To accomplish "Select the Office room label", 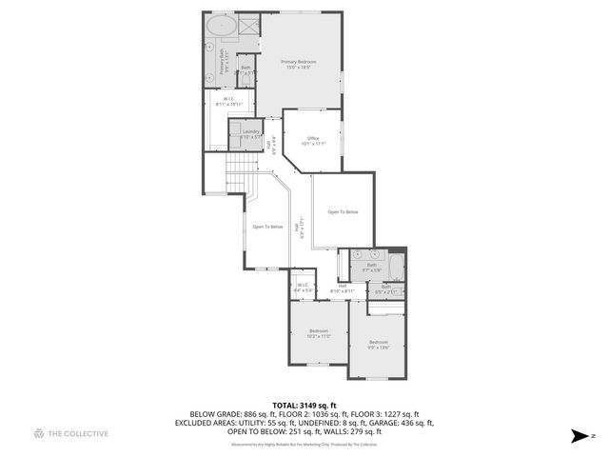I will point(313,141).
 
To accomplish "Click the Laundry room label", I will point(250,134).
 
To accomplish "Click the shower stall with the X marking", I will point(249,24).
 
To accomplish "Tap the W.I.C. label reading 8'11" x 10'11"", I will point(229,101).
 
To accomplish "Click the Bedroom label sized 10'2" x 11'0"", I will point(318,333).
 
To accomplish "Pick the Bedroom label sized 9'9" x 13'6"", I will point(379,344).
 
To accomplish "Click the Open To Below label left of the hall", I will point(267,227).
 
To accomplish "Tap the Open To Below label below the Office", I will point(343,211).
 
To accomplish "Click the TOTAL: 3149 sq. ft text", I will point(304,405).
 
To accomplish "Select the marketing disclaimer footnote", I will point(304,444).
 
